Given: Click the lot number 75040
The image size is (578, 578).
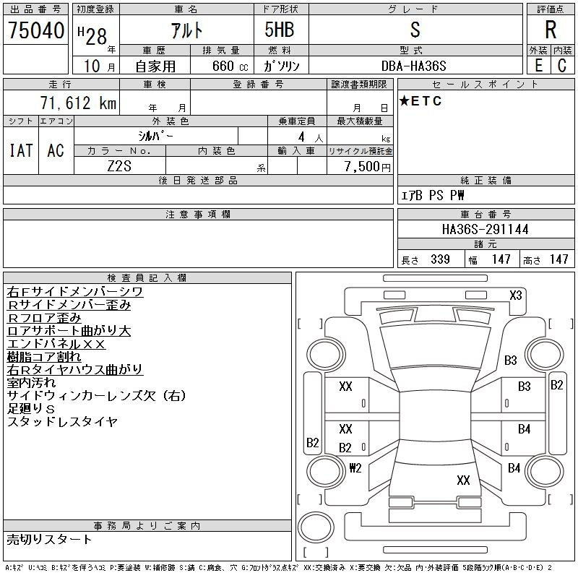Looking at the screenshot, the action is [x=36, y=31].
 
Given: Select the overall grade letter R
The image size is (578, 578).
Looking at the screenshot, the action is [x=550, y=31].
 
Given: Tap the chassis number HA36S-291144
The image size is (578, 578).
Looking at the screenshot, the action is [x=485, y=230].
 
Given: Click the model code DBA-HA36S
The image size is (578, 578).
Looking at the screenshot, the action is [x=414, y=66].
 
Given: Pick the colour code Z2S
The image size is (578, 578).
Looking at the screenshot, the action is [x=119, y=166].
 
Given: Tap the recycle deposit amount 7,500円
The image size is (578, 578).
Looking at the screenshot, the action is [x=368, y=166].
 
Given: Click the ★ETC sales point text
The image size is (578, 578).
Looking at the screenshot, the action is [x=420, y=101].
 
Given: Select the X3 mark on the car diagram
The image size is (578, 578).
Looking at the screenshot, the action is [x=515, y=295].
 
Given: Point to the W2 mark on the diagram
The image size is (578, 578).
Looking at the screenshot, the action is [x=355, y=467].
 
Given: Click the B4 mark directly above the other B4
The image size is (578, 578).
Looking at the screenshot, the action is [x=524, y=429].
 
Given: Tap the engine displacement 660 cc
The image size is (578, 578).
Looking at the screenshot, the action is [x=220, y=66].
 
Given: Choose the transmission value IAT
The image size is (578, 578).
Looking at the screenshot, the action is [x=21, y=150].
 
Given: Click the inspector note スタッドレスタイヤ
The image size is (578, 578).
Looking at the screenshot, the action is [x=62, y=421].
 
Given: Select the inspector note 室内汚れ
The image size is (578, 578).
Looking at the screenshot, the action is [x=32, y=382].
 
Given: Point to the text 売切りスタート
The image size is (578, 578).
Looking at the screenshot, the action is [x=50, y=539].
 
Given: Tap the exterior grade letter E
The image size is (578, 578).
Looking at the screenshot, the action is [x=538, y=66].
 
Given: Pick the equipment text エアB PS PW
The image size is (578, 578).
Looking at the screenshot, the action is [x=433, y=196].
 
